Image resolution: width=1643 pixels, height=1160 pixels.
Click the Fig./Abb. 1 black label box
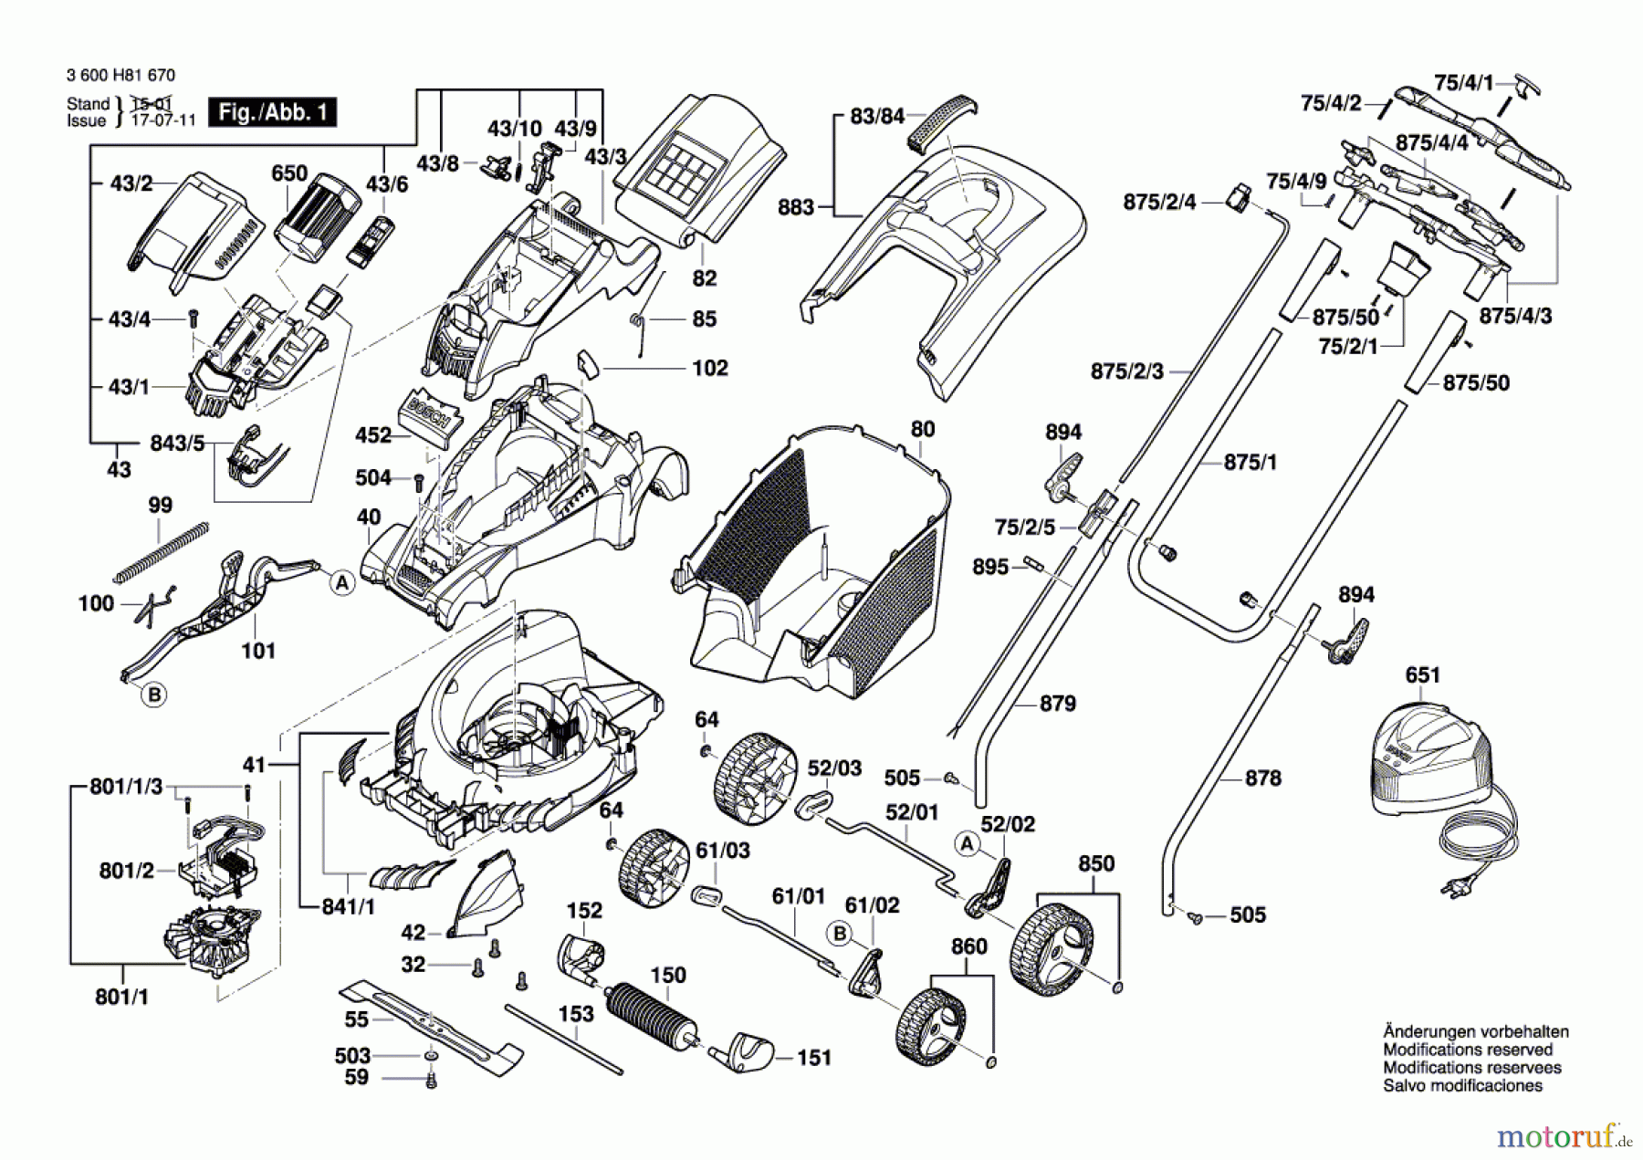(272, 112)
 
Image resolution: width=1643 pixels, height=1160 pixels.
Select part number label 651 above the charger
(1422, 675)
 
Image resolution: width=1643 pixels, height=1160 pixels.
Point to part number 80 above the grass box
(923, 430)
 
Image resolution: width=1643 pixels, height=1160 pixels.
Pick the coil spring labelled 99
(162, 552)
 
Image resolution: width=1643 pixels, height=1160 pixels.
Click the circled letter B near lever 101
(154, 695)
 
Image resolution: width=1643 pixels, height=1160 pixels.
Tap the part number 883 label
(795, 208)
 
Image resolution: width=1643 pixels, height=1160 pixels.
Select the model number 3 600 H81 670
(120, 76)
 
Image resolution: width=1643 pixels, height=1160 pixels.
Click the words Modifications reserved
(1467, 1050)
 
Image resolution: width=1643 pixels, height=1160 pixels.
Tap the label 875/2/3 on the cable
(1127, 371)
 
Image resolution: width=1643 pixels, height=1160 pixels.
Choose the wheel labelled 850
(1051, 948)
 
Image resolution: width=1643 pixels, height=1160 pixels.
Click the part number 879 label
(1057, 704)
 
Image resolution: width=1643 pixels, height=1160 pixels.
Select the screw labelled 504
(419, 480)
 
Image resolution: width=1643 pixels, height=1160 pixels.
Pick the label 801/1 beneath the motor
(121, 997)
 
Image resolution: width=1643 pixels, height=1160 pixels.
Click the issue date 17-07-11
(163, 120)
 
